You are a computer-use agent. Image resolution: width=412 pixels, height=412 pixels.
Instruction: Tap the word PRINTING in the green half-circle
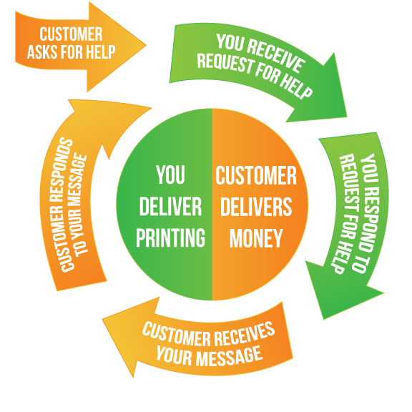170,237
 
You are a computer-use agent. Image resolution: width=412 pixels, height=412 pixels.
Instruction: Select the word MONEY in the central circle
256,238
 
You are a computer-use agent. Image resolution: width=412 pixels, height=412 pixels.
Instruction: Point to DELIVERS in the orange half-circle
256,207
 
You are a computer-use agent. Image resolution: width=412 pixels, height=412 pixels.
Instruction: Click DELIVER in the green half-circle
170,207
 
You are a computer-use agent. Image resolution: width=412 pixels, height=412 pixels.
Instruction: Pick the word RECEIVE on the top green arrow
275,57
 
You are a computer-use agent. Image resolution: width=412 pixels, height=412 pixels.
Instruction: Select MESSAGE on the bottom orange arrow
230,356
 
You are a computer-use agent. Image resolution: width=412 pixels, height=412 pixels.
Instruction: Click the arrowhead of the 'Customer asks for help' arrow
117,46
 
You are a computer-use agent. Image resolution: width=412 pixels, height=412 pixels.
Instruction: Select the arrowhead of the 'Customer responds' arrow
110,124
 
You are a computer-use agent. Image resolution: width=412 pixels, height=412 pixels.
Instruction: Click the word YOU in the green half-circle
170,175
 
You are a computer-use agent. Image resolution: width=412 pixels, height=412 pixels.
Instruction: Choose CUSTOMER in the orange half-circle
256,175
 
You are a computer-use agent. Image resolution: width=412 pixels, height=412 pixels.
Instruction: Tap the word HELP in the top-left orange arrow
101,51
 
